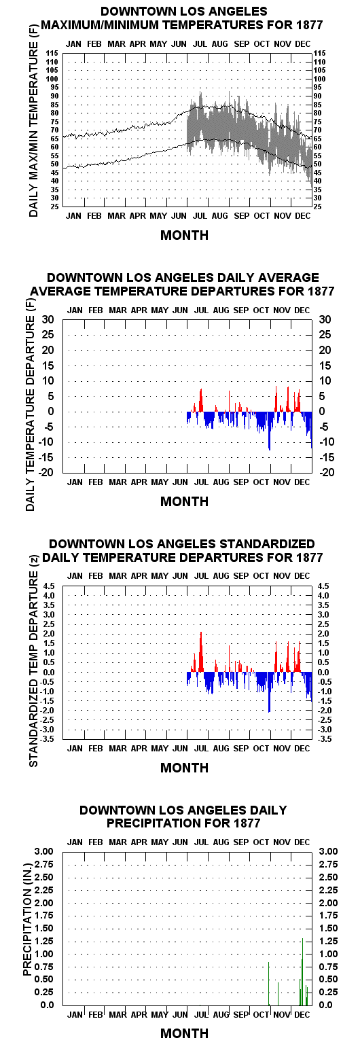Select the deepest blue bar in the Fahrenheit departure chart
[269, 431]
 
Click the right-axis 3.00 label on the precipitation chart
[329, 851]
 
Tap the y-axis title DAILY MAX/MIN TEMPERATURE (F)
[33, 129]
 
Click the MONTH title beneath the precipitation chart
[184, 1033]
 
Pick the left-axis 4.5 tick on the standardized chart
[49, 586]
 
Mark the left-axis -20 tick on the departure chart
[46, 472]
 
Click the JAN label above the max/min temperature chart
[74, 43]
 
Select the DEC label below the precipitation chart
[302, 1014]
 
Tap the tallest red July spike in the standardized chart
[200, 652]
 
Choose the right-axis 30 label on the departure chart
[325, 320]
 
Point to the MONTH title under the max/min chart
[184, 235]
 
